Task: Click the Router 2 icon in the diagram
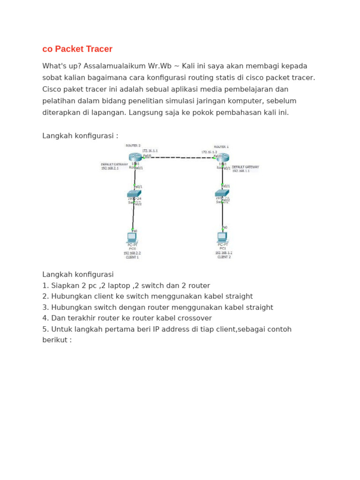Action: [134, 157]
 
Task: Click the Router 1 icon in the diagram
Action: [223, 158]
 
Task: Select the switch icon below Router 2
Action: [134, 194]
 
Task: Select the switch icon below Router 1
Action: [222, 193]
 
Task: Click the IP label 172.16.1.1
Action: [150, 151]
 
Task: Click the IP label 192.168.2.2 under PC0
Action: [132, 253]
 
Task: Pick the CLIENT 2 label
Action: [224, 257]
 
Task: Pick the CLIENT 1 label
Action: [132, 257]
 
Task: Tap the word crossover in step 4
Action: [195, 318]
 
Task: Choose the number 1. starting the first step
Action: [45, 285]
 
